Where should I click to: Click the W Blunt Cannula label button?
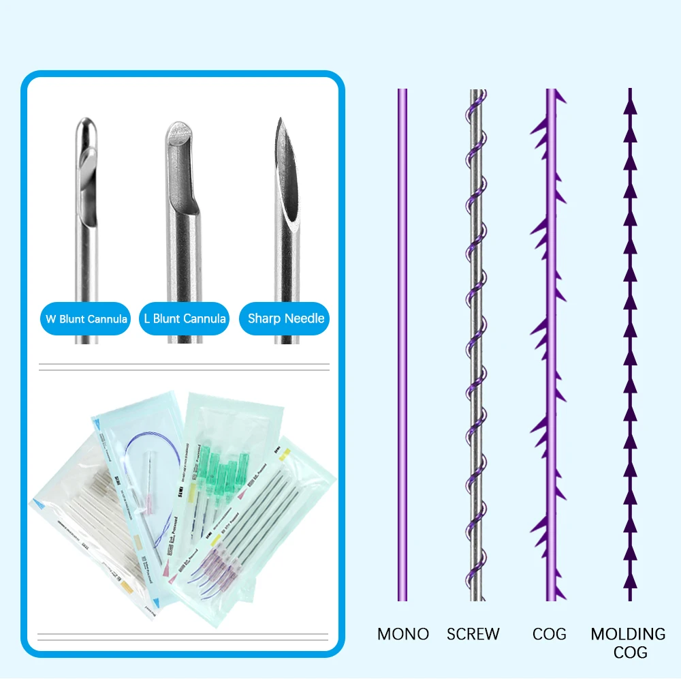(85, 318)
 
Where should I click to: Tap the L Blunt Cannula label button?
(185, 318)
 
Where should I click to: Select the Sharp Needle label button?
(285, 318)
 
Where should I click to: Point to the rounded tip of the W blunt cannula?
(86, 124)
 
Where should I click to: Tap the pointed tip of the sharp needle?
(279, 121)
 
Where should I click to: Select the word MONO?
(403, 634)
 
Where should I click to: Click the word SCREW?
(473, 634)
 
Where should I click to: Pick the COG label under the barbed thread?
(550, 634)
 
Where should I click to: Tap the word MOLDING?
(629, 634)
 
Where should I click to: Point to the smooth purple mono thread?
(402, 341)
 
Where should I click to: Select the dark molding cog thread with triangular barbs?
(630, 341)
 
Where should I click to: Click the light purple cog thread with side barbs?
(550, 341)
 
